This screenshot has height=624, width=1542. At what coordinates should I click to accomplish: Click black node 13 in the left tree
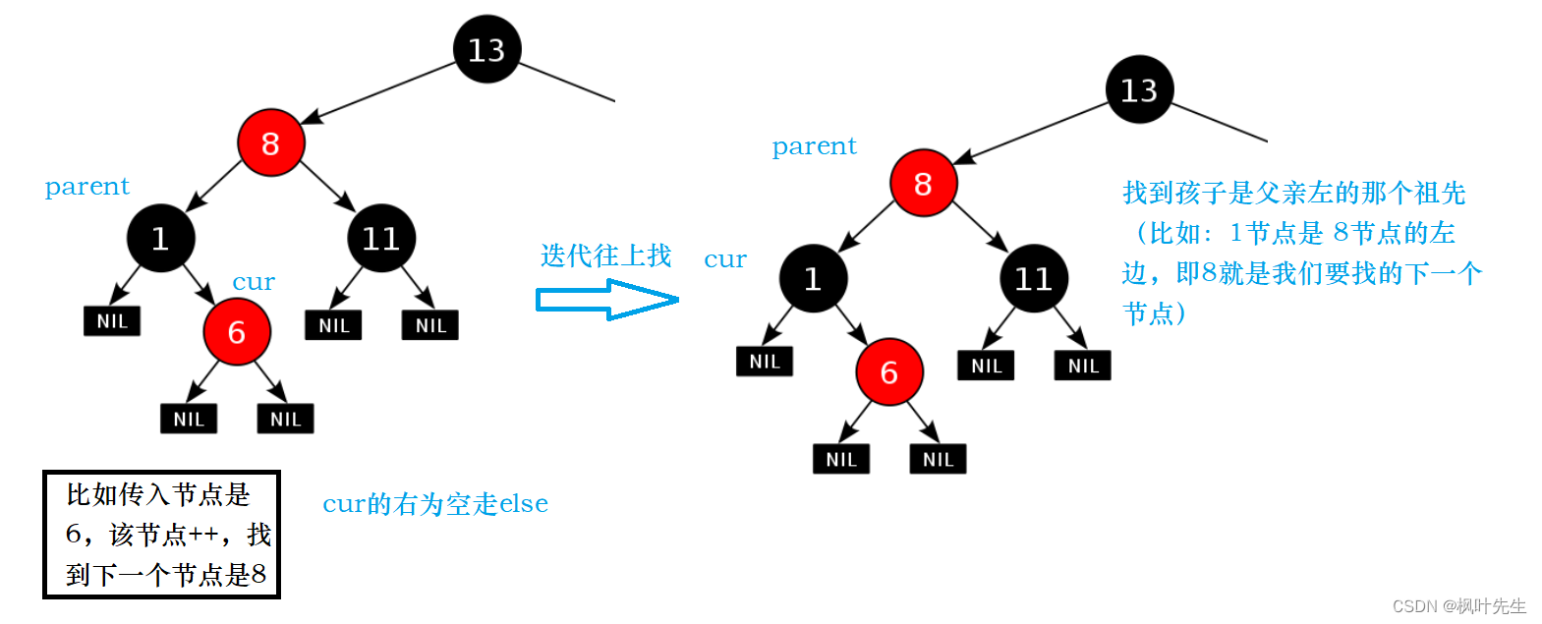(x=486, y=49)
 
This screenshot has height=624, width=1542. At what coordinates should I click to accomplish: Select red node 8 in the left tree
(x=270, y=143)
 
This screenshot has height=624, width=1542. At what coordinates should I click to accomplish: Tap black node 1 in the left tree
(x=160, y=238)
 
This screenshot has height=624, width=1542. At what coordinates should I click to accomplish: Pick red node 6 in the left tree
(x=237, y=332)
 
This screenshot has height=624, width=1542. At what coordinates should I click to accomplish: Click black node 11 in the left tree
(x=381, y=238)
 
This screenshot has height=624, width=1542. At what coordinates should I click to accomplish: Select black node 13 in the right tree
(x=1139, y=89)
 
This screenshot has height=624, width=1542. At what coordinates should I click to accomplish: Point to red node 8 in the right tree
(x=923, y=184)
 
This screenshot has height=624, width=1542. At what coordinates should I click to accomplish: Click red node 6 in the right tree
(x=889, y=372)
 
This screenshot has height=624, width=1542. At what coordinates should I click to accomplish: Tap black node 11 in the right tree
(x=1034, y=279)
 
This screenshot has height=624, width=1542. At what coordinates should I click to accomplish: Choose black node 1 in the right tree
(x=813, y=279)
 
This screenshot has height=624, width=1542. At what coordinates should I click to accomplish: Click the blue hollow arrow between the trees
(x=606, y=300)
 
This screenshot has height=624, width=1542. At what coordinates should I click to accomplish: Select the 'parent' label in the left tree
(x=87, y=187)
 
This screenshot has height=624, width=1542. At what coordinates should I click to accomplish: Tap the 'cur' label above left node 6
(x=254, y=282)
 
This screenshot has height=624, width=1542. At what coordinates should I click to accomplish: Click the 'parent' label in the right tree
(x=814, y=146)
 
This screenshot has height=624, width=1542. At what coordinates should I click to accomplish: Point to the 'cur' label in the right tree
(x=725, y=259)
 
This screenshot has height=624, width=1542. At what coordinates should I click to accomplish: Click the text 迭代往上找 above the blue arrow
(x=605, y=255)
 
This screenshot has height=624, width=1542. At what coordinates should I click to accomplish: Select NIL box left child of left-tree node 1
(x=112, y=321)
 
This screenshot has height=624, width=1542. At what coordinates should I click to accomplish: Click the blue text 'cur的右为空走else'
(x=435, y=504)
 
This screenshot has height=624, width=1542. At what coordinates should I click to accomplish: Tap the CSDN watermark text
(x=1458, y=606)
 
